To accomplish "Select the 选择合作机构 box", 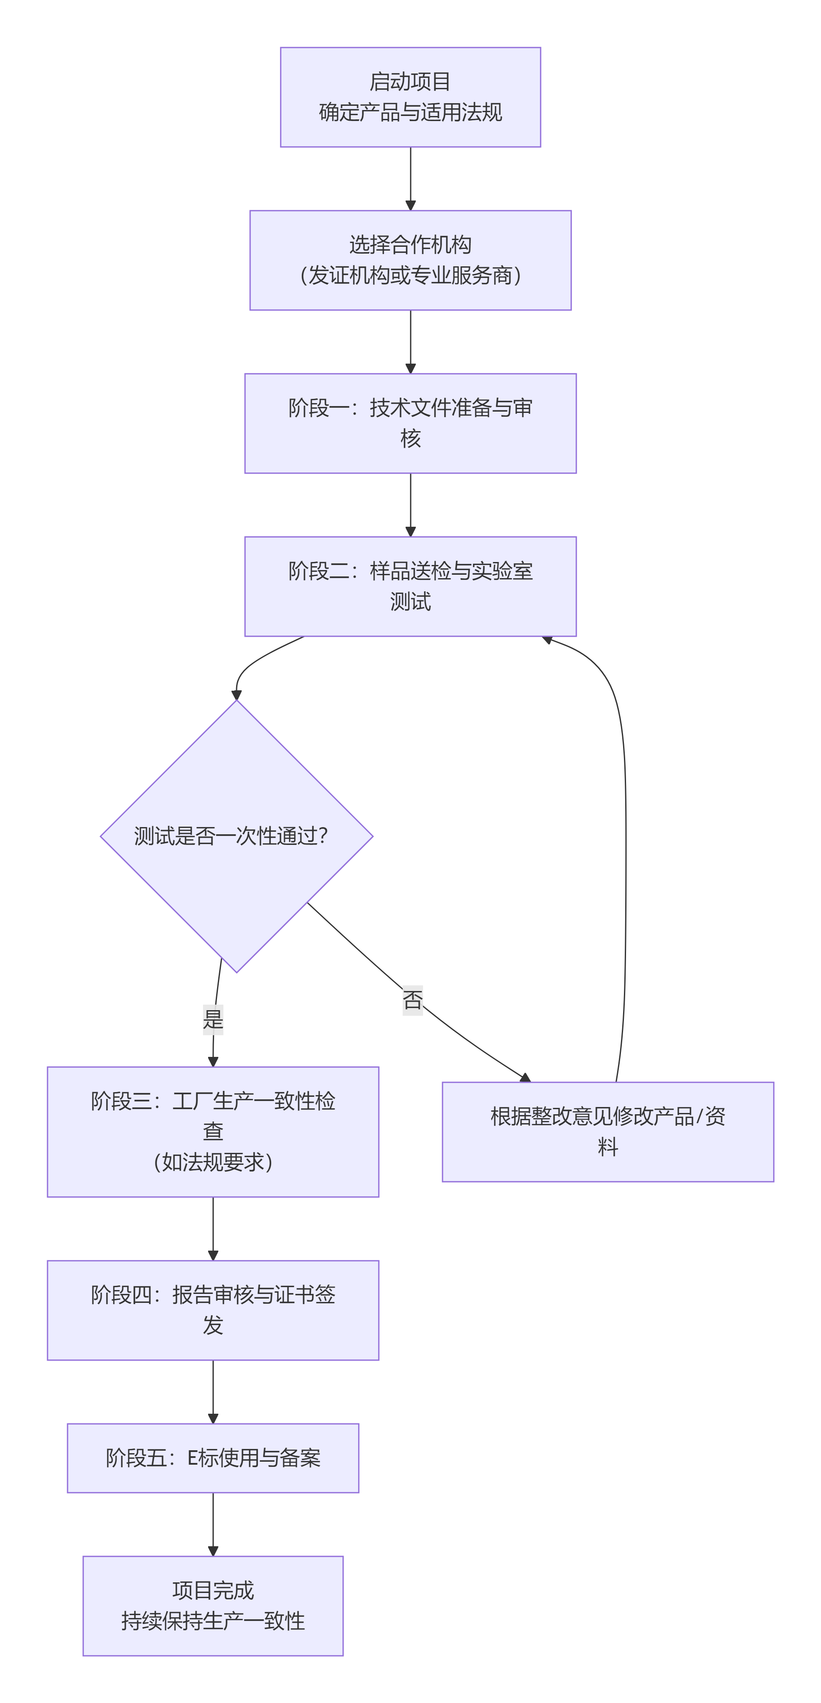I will pos(410,260).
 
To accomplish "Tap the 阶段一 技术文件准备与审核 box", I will pos(410,423).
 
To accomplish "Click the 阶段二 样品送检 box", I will pos(410,586).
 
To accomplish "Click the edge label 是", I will pos(213,1019).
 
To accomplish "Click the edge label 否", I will pos(412,1000).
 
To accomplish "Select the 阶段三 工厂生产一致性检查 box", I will pos(213,1131).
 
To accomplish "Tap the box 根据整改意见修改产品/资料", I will pos(607,1131).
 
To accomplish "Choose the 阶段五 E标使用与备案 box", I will pos(213,1458).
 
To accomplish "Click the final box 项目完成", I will pos(213,1605).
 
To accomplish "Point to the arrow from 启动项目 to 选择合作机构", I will pos(410,177).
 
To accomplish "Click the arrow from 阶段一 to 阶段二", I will pos(410,504).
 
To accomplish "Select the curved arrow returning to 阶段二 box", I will pos(625,859).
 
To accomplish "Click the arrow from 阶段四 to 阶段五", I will pos(213,1390).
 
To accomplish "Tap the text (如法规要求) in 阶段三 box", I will pos(213,1162).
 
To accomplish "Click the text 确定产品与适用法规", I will pos(410,113).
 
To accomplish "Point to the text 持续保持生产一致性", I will pos(213,1621).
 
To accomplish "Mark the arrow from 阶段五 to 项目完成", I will pos(213,1523).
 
